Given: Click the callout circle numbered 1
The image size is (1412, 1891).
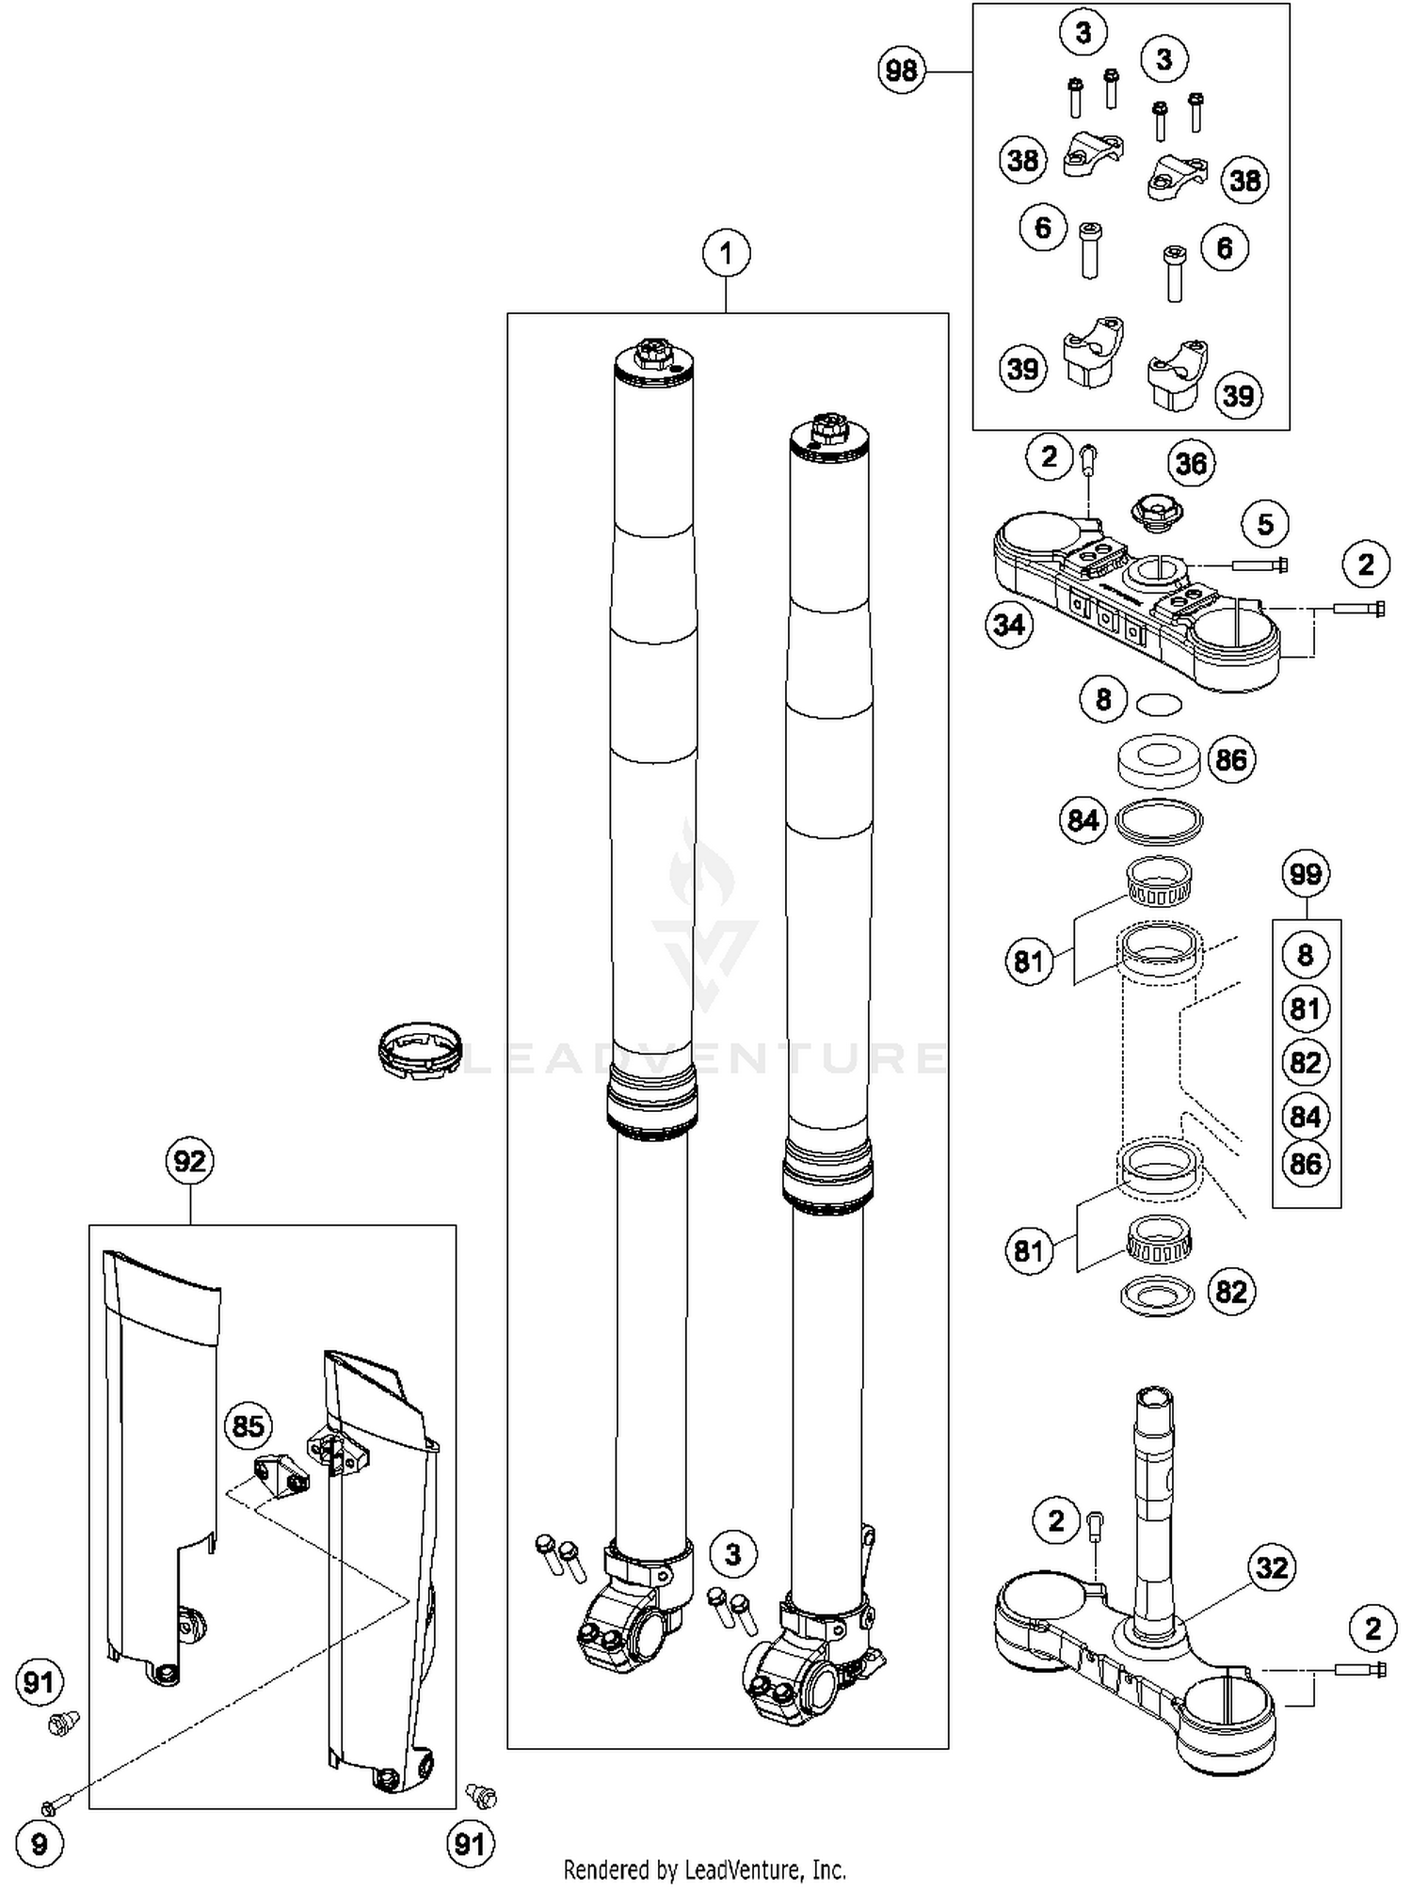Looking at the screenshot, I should (726, 253).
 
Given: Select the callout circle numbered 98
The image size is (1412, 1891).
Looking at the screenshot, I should (902, 71).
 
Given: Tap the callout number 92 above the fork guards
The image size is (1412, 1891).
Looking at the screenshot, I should (189, 1161).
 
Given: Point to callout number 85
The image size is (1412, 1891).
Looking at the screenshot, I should (248, 1426).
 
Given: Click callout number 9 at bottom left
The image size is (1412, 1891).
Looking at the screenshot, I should (39, 1843).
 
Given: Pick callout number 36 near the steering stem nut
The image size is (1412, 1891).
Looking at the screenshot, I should (1191, 463).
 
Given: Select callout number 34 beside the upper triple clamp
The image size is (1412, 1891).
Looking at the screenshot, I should (1009, 624).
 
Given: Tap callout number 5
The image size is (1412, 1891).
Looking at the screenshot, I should (1265, 524).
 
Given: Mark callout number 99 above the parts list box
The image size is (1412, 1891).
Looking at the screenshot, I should (1306, 874).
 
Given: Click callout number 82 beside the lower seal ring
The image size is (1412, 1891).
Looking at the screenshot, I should (1231, 1292).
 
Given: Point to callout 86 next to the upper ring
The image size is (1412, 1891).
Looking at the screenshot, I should (1231, 759).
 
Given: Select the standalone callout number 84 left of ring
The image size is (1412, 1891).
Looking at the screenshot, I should (1083, 820).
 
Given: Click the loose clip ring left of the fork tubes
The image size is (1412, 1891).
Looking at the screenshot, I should (420, 1050).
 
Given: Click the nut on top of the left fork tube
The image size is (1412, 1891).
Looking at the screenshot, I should (651, 355).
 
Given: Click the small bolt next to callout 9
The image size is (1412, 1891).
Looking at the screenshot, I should (52, 1806).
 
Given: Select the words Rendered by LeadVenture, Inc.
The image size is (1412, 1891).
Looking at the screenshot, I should (704, 1868).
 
